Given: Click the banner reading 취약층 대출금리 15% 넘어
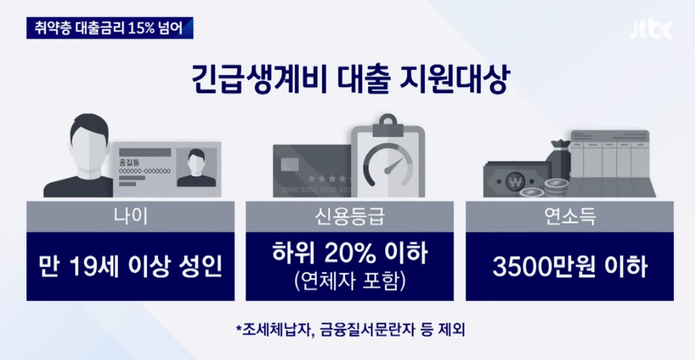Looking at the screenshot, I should [109, 28].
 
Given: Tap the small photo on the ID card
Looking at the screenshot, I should [196, 166].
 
